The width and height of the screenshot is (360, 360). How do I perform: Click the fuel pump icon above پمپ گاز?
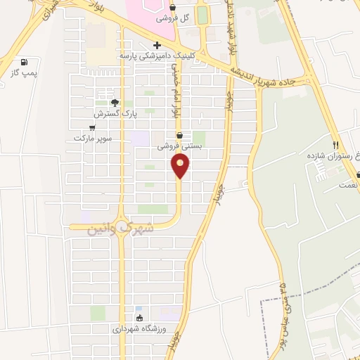[x=25, y=62]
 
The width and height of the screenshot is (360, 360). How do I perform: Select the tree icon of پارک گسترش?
[x=115, y=102]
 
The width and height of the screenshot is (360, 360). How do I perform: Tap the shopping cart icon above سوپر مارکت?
[x=92, y=127]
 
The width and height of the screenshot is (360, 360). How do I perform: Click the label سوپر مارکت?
[x=94, y=138]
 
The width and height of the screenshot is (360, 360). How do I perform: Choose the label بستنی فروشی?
[x=179, y=146]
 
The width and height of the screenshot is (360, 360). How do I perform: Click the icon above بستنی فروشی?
[x=179, y=135]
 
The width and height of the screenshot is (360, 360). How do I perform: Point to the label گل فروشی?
[x=174, y=18]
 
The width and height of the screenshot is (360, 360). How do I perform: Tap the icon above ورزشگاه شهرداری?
[x=139, y=318]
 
